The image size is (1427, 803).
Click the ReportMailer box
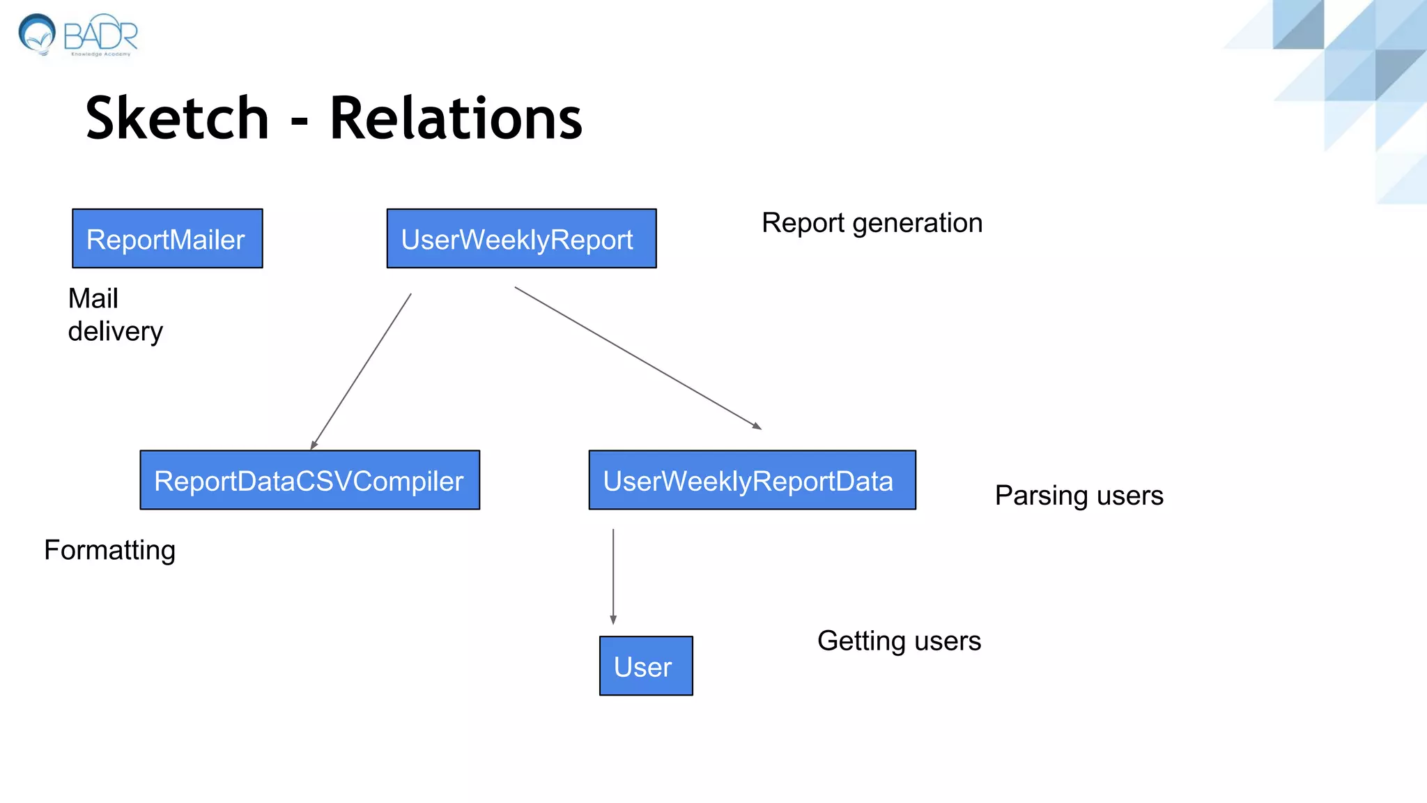(x=167, y=238)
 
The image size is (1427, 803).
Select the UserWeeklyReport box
(x=521, y=238)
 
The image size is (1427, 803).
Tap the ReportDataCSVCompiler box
(x=309, y=480)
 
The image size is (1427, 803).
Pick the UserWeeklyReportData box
(x=752, y=480)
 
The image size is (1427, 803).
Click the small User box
(x=646, y=666)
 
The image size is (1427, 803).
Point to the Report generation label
(x=872, y=223)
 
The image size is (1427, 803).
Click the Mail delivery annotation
(x=115, y=314)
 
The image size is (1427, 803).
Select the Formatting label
(x=109, y=550)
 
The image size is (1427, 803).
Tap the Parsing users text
(x=1079, y=496)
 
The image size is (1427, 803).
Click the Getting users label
(x=899, y=641)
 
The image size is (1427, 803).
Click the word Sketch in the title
(x=177, y=118)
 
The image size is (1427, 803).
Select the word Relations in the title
(x=456, y=118)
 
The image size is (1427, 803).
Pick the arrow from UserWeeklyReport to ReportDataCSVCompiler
(x=361, y=372)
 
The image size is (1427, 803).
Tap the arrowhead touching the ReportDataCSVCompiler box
(x=314, y=445)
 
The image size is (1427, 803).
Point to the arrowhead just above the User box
(x=613, y=620)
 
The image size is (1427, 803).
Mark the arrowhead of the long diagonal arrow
(x=757, y=426)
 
